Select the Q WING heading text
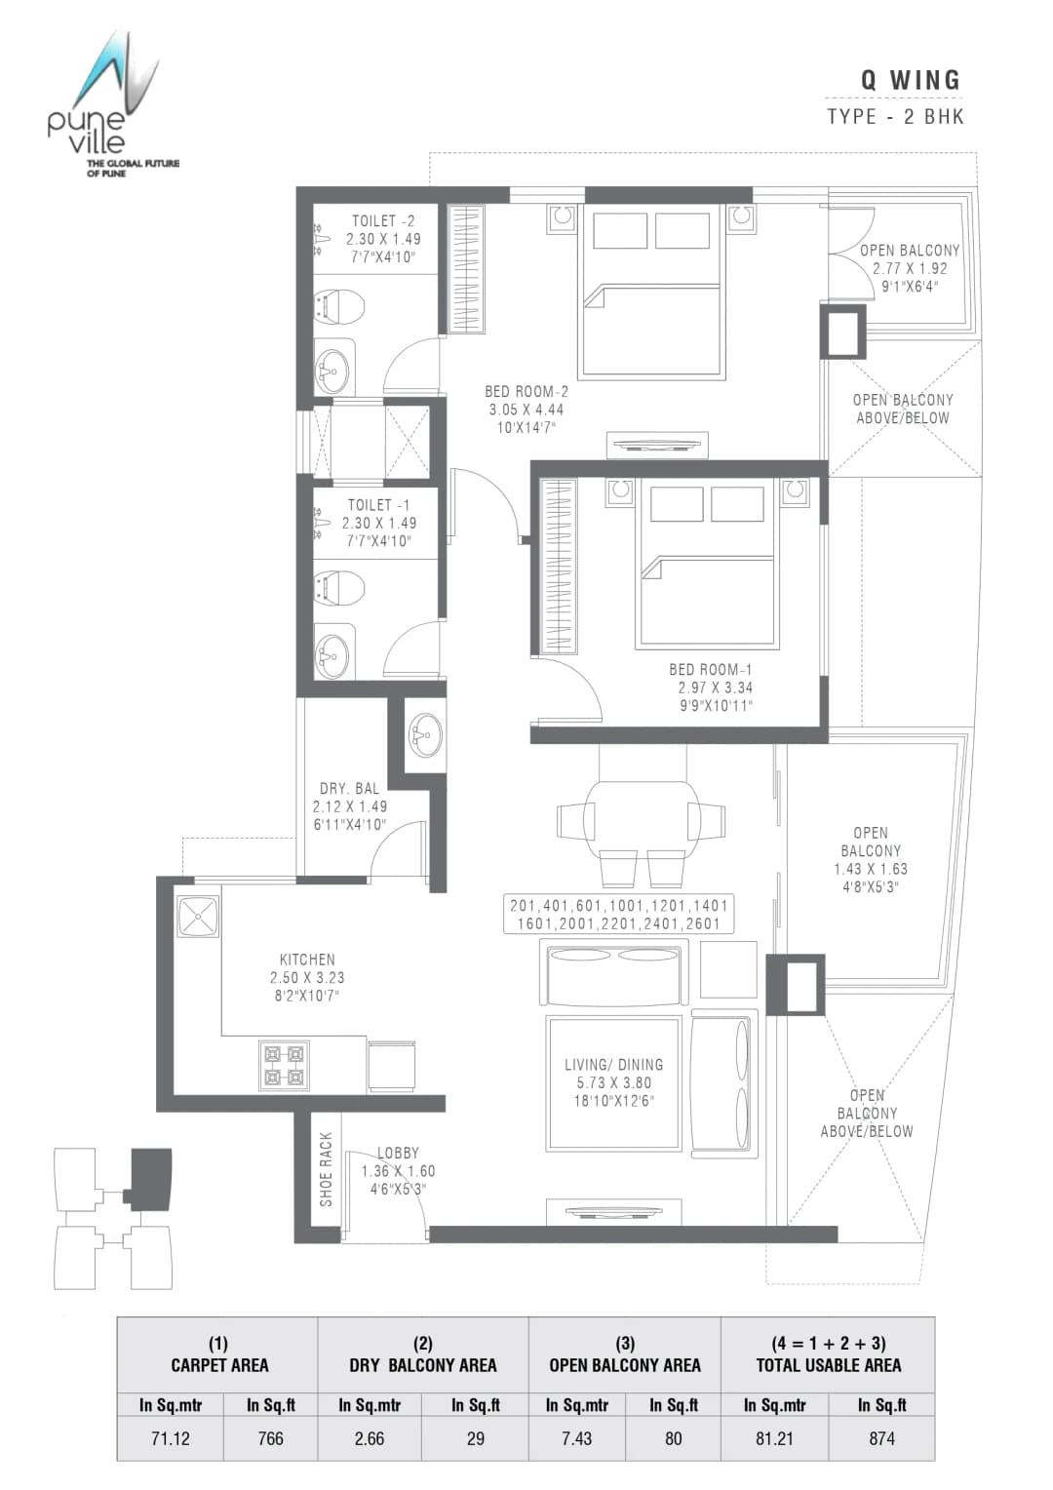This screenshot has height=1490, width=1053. click(x=910, y=80)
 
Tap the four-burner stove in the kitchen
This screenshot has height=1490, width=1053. click(x=284, y=1064)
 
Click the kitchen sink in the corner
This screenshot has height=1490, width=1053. click(x=199, y=917)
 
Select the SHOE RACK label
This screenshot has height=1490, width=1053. click(x=327, y=1169)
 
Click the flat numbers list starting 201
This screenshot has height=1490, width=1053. click(x=618, y=914)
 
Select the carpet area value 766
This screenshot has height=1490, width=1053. click(x=270, y=1437)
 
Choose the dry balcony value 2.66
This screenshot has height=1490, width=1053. click(x=370, y=1437)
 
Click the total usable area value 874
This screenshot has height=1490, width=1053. click(x=881, y=1437)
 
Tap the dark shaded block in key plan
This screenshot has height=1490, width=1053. click(x=151, y=1179)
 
